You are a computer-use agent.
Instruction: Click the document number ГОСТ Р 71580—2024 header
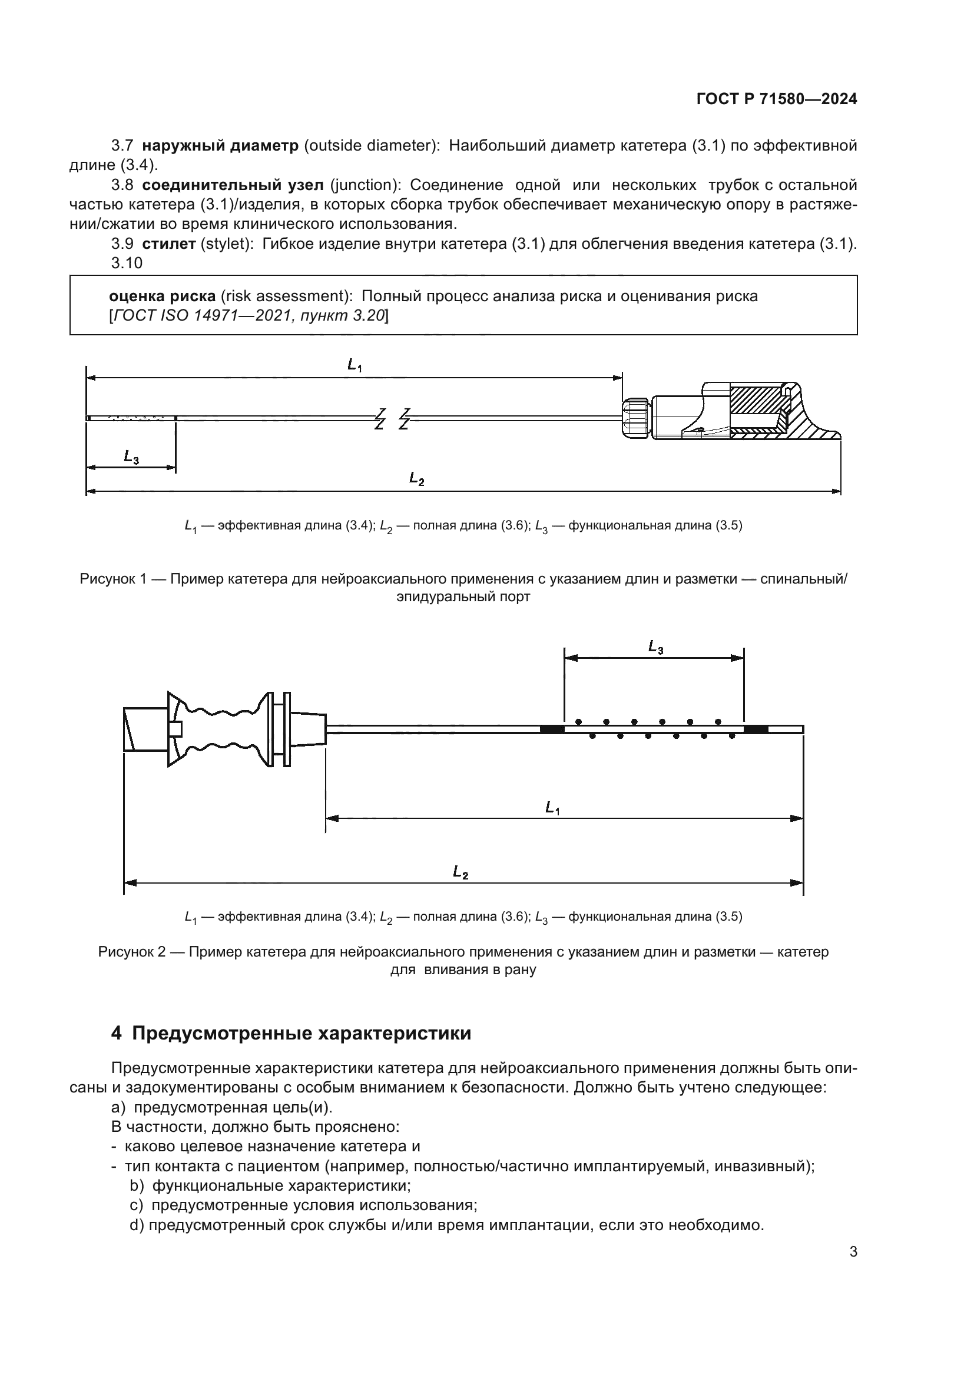[776, 99]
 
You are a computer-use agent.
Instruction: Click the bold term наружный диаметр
[220, 146]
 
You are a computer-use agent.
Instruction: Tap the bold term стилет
[168, 244]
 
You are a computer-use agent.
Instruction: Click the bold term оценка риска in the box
[162, 296]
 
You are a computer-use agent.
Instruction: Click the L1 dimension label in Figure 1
[355, 365]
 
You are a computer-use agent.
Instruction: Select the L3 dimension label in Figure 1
[131, 457]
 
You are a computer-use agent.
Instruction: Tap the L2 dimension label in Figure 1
[417, 478]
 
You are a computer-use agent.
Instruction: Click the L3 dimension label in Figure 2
[655, 647]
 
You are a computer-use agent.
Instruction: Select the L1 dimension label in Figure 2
[552, 808]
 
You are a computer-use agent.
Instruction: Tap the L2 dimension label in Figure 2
[460, 872]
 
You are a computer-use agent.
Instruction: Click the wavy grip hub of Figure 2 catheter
[222, 729]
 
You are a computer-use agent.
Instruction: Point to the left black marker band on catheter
[552, 729]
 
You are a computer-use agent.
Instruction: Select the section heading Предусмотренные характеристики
[301, 1034]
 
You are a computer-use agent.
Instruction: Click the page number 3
[853, 1252]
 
